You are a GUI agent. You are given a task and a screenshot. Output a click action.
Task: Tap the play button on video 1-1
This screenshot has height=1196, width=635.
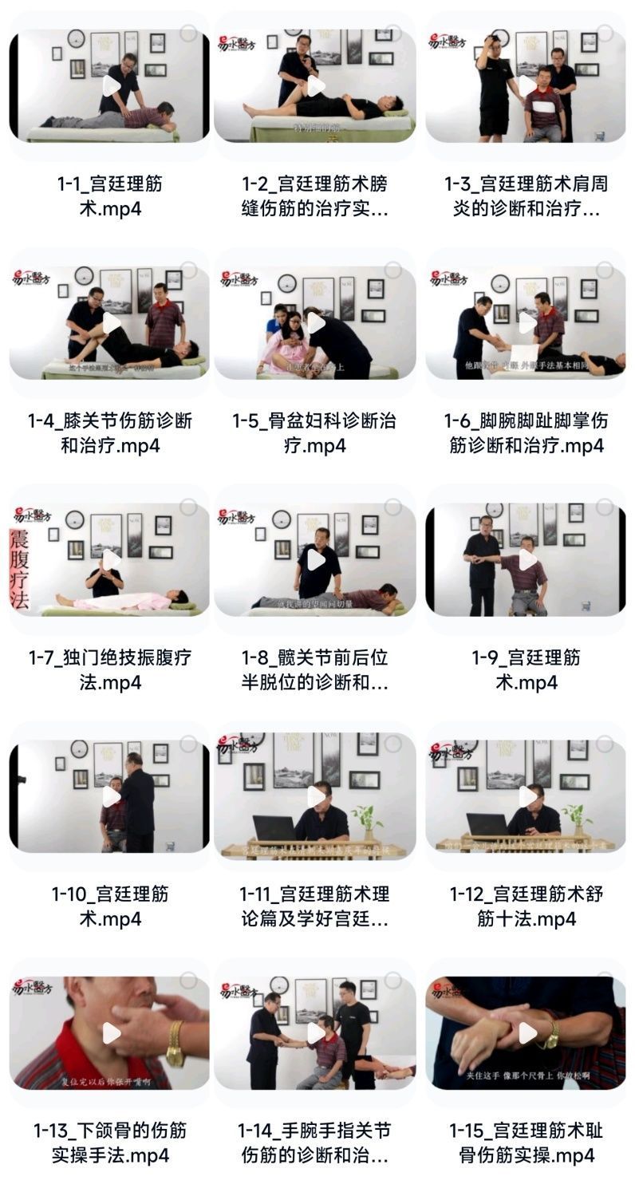coord(112,85)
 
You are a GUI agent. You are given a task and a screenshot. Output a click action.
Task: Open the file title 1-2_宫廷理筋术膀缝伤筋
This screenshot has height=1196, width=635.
coord(315,196)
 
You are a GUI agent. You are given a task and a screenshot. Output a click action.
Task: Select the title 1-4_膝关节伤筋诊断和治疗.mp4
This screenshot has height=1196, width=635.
coord(110,432)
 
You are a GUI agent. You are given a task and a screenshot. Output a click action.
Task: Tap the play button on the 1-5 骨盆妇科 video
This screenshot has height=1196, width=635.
coord(316,322)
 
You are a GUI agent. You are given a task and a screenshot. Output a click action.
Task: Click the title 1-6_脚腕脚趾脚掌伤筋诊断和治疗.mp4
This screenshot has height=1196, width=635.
coord(527,432)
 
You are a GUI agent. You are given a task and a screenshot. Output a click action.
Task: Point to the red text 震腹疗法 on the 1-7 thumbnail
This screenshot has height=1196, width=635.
coord(18,567)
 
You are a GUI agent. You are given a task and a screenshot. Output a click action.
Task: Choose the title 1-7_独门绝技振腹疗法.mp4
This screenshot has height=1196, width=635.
coord(110,669)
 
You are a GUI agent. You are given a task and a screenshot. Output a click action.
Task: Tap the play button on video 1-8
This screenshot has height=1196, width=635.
coord(316,559)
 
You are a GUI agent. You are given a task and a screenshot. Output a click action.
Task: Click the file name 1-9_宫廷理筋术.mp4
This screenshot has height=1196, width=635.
coord(527,669)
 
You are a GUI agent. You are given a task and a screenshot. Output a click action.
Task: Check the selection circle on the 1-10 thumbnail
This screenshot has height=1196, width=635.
coord(188,744)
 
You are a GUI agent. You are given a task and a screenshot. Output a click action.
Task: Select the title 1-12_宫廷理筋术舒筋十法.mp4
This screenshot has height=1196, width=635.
coord(527,906)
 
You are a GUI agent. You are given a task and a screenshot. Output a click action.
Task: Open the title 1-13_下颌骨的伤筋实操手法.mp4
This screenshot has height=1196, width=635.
coord(110,1143)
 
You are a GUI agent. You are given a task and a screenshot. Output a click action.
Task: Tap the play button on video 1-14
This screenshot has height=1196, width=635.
coord(316,1032)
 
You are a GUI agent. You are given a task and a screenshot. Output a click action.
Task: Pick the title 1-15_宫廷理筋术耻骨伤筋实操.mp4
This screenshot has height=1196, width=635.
coord(527,1143)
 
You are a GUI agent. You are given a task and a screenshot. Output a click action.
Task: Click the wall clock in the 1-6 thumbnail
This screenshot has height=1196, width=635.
coord(500,283)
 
